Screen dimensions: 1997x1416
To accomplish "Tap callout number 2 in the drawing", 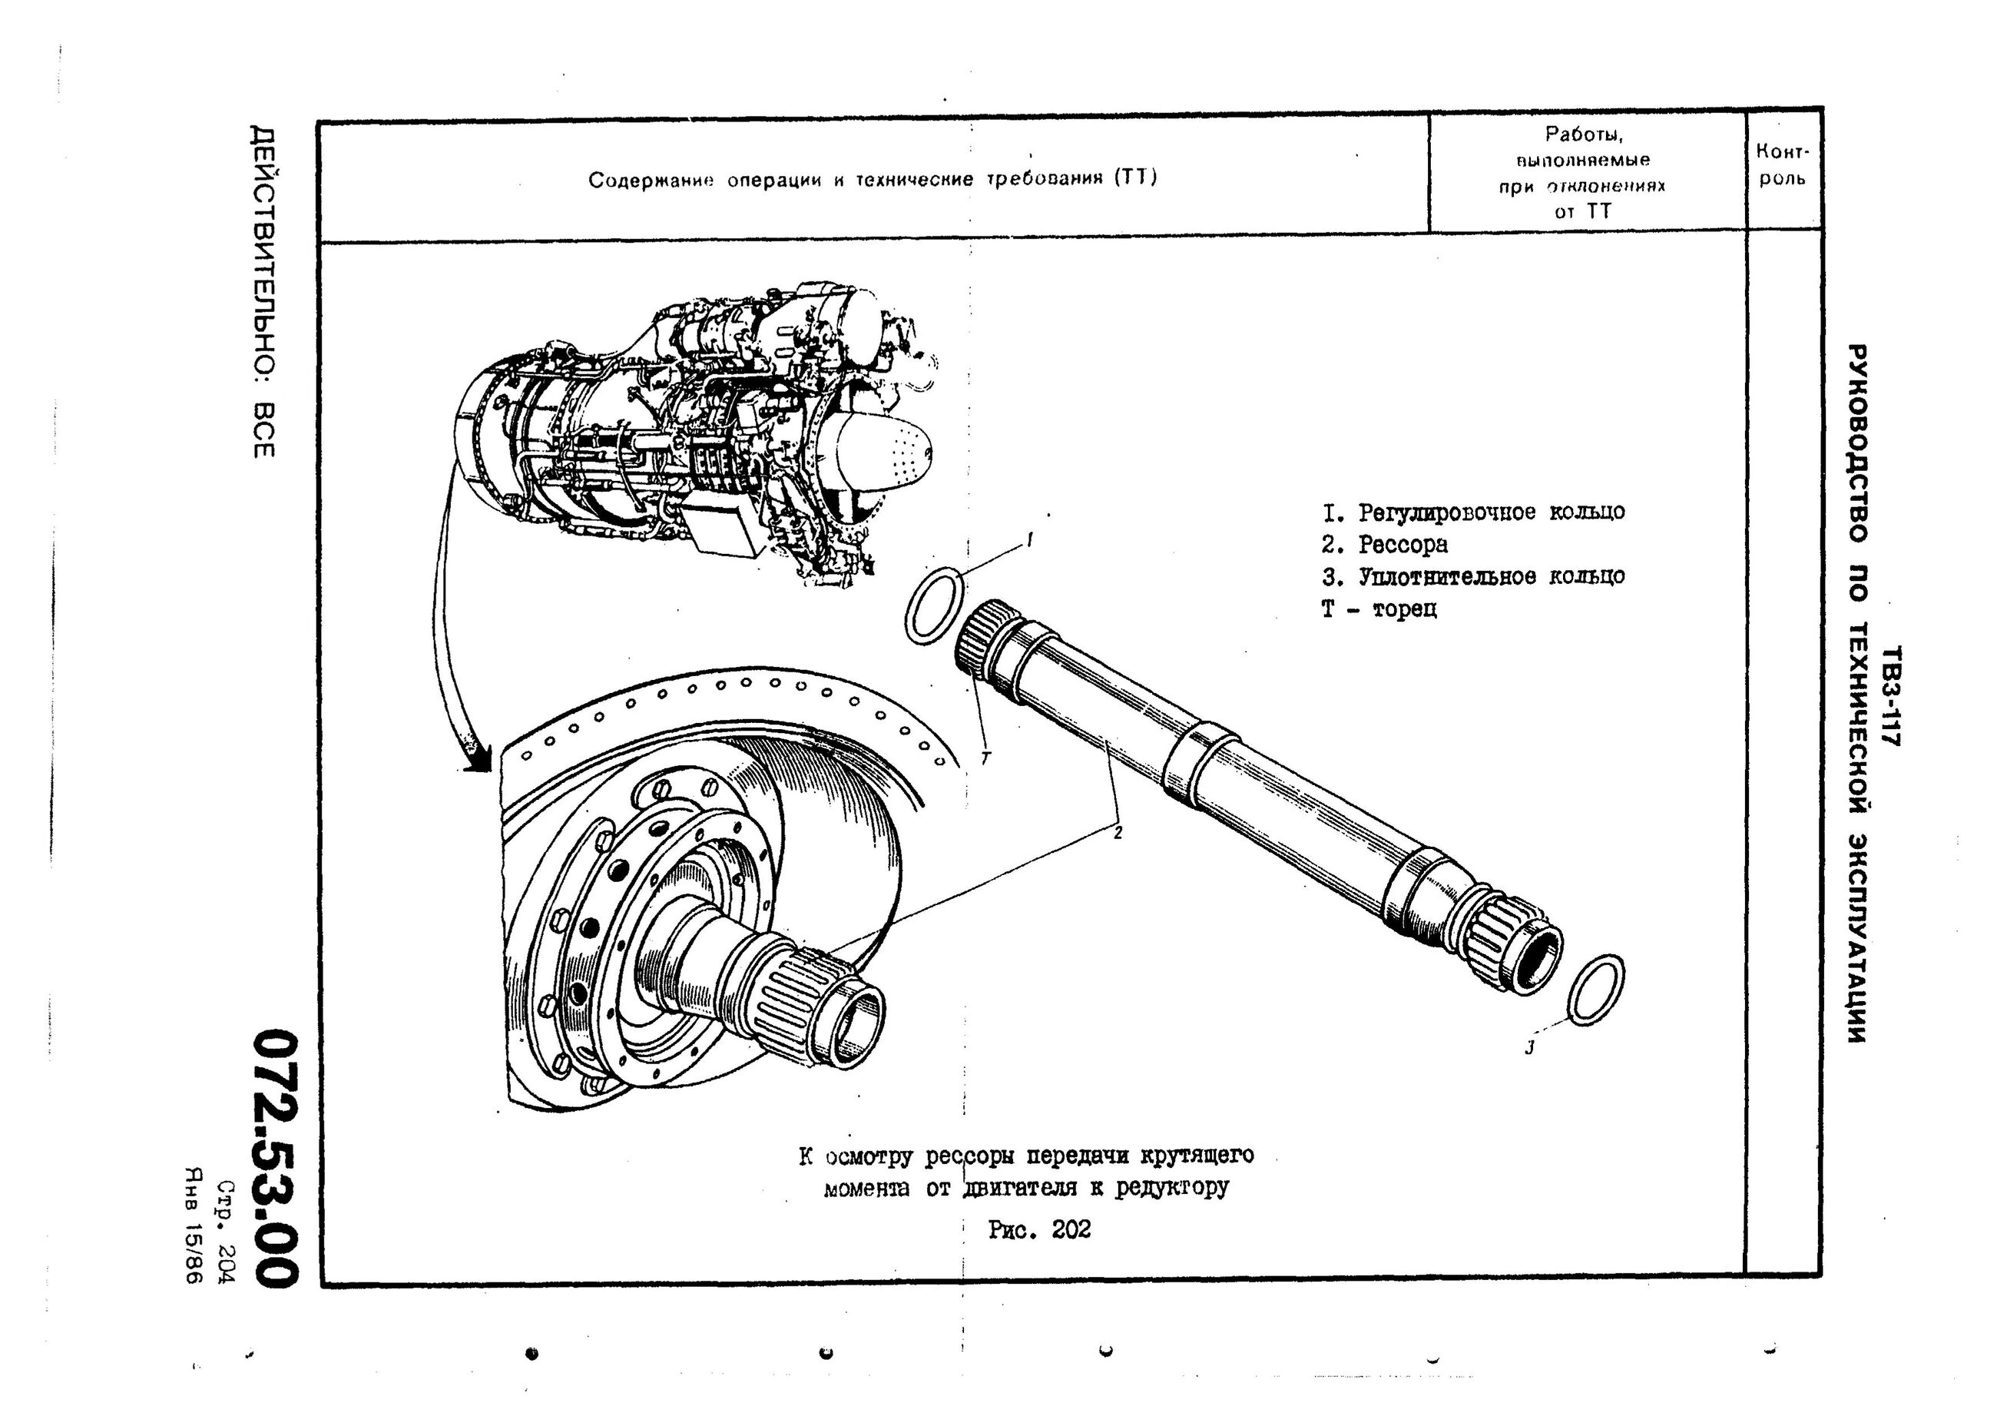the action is (1118, 834).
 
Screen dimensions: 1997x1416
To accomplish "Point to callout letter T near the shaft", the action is (986, 758).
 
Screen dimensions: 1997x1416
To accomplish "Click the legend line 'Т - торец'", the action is (1379, 609).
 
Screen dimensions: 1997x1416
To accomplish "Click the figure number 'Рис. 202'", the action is (1039, 1229).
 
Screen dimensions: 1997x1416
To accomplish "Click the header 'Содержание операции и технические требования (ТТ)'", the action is (873, 180).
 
